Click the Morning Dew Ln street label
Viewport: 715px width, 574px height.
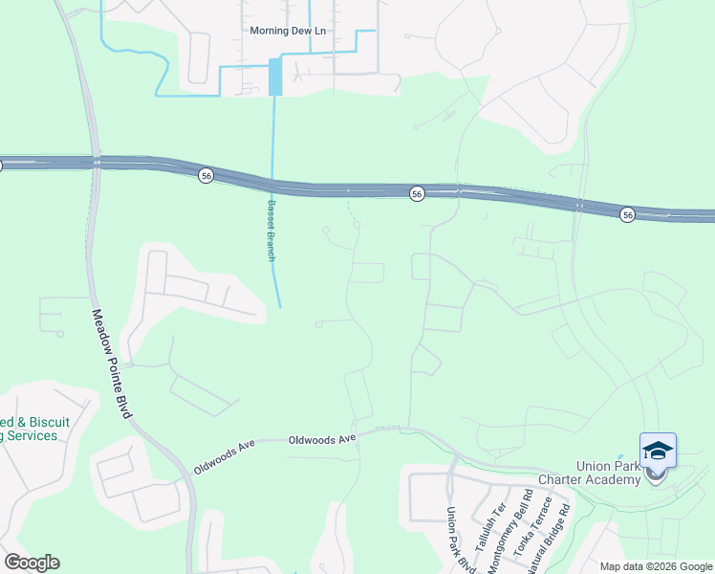288,31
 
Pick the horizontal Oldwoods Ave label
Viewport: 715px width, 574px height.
322,438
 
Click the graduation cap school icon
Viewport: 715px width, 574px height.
658,450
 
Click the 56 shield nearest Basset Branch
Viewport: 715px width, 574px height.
206,175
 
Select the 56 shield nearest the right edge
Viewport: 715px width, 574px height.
627,213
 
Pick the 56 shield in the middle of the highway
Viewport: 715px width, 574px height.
417,193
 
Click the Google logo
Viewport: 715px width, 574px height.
32,562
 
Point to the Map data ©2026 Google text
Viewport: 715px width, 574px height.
655,566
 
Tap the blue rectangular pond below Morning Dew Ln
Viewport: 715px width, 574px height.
275,77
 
